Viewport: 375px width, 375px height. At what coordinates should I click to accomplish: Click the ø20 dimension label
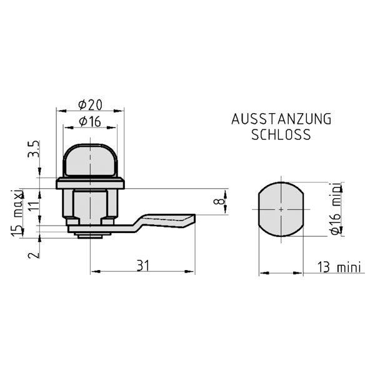(x=91, y=103)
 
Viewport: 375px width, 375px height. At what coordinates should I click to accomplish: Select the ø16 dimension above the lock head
(x=91, y=122)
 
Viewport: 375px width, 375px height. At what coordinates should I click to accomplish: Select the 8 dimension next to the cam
(x=217, y=201)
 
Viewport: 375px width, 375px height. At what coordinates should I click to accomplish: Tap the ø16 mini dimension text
(x=336, y=209)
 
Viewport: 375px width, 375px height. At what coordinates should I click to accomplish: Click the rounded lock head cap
(x=91, y=159)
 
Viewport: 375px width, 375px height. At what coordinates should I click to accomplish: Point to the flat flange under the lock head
(x=91, y=184)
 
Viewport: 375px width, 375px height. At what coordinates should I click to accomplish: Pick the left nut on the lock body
(x=72, y=221)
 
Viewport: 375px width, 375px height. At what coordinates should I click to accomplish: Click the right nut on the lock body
(x=109, y=221)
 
